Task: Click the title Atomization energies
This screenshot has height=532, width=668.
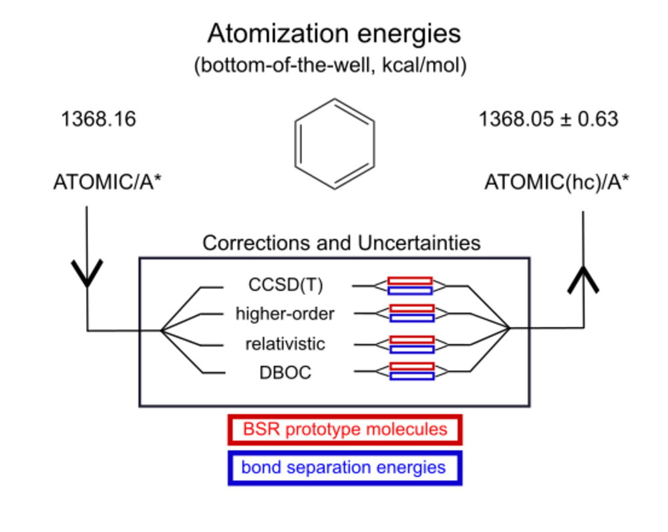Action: click(334, 33)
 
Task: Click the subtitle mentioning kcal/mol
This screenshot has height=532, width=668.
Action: click(334, 67)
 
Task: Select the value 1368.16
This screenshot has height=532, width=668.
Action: click(98, 119)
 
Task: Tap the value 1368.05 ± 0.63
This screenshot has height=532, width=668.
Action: click(548, 119)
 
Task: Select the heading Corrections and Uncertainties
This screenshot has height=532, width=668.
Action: click(341, 242)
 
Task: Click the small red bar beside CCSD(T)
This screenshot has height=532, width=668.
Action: click(409, 280)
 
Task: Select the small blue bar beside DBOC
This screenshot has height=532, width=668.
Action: click(411, 376)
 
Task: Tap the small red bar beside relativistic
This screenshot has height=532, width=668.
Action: click(411, 340)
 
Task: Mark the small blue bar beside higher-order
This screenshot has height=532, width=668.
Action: click(411, 318)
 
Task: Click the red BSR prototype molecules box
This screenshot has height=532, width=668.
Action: click(345, 429)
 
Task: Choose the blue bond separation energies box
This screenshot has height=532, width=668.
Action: click(345, 467)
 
